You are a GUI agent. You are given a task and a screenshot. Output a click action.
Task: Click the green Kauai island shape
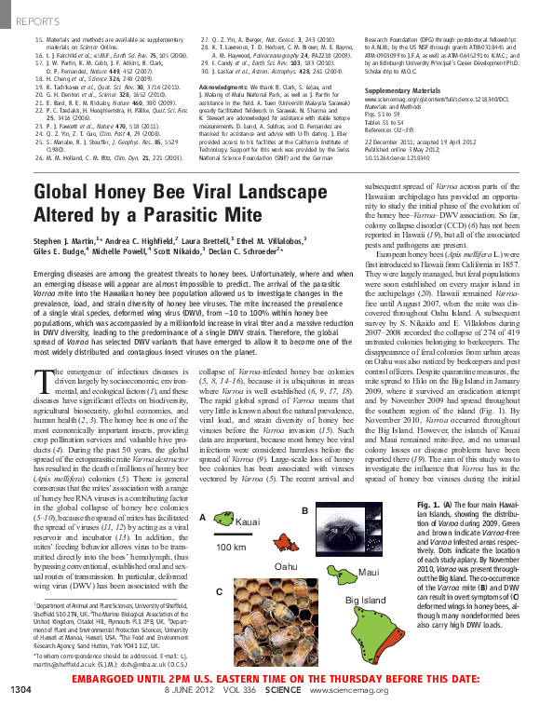point(224,519)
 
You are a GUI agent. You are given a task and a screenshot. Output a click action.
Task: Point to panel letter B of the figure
point(305,510)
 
